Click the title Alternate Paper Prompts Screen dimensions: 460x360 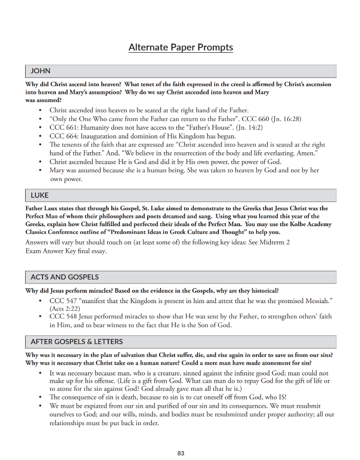click(181, 48)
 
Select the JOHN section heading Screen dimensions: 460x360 click(41, 71)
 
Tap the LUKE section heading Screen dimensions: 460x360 click(40, 195)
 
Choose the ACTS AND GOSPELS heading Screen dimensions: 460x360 click(65, 277)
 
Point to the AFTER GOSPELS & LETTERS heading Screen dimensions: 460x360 click(76, 342)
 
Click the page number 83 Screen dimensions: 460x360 click(181, 453)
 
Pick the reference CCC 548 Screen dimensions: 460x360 click(63, 317)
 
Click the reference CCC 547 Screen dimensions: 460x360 click(63, 300)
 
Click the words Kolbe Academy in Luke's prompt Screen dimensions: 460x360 click(309, 224)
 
